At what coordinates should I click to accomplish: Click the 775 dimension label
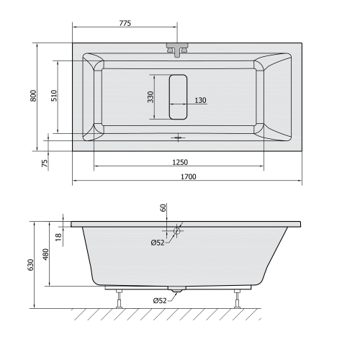coord(125,23)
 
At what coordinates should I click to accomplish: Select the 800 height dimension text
coord(33,96)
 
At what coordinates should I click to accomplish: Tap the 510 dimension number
coord(54,95)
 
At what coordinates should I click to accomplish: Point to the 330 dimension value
coord(150,96)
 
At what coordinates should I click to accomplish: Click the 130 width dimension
coord(200,100)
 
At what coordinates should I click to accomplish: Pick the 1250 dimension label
coord(180,162)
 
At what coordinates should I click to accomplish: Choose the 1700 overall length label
coord(189,176)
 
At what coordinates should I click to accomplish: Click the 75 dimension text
coord(45,163)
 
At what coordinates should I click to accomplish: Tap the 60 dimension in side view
coord(163,207)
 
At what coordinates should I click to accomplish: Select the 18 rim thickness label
coord(58,237)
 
